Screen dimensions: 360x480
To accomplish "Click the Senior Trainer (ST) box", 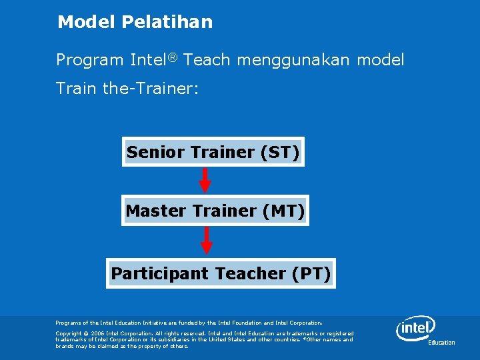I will click(213, 152).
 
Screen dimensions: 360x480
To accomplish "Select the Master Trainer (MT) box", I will click(214, 211).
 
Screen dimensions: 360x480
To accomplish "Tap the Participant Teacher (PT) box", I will click(221, 273).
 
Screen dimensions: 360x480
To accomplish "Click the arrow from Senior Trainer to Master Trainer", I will click(205, 180).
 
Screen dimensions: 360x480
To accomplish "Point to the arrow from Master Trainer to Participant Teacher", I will click(207, 241).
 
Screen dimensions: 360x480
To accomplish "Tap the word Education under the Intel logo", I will click(441, 343).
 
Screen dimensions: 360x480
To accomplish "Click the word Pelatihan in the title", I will click(167, 22).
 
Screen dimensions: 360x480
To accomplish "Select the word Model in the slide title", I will click(87, 22).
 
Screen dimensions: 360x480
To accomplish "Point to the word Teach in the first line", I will click(207, 60).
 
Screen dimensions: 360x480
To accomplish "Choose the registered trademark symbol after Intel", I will click(172, 57).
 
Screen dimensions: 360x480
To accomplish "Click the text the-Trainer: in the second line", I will click(151, 88).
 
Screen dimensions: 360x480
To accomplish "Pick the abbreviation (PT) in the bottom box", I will click(311, 273).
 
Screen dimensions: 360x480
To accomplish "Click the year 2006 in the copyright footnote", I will click(93, 333).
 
